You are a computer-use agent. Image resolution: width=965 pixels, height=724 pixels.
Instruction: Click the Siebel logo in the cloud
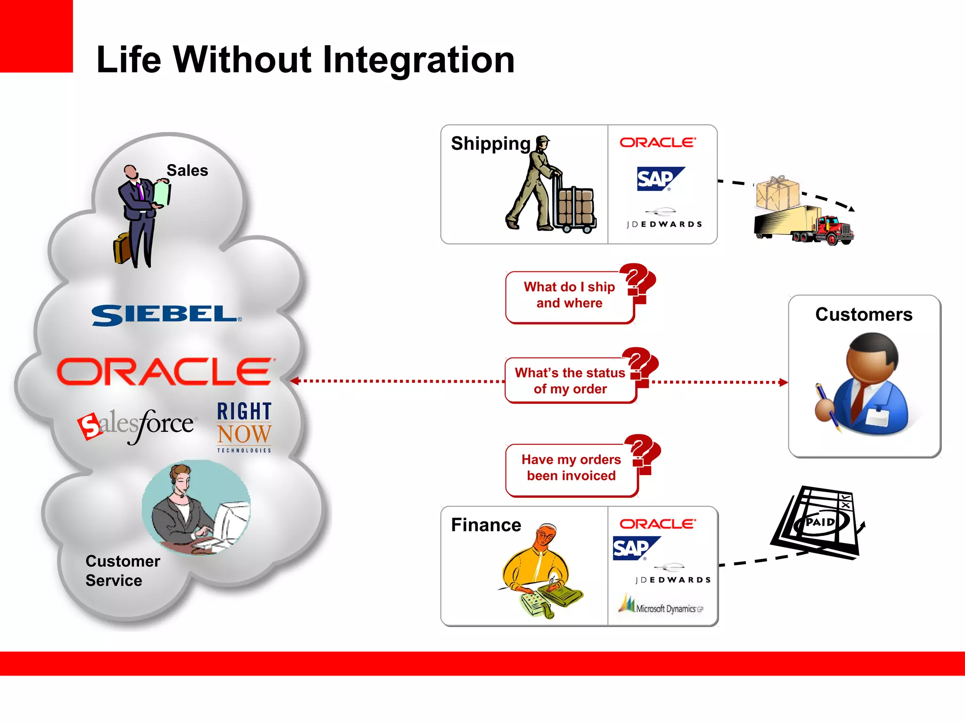point(166,315)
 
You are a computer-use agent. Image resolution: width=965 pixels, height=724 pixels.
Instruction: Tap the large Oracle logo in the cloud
point(165,371)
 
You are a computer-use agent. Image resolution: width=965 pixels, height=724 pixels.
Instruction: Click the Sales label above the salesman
point(187,170)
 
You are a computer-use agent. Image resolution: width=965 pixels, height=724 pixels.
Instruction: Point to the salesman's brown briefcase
point(122,248)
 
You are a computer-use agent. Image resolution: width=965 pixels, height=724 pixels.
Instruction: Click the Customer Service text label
point(122,570)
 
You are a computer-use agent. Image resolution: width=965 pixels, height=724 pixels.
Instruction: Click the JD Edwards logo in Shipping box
point(664,220)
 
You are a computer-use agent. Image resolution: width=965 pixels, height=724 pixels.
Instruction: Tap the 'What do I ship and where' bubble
point(569,296)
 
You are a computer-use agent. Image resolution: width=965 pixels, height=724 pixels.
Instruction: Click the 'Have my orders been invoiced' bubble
point(571,468)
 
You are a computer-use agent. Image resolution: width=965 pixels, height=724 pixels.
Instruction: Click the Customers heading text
point(864,314)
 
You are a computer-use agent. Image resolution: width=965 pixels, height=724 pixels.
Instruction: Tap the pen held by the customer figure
point(827,408)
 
